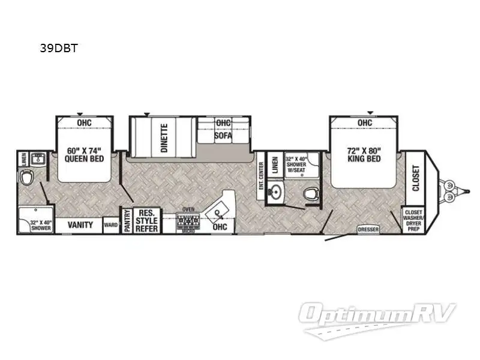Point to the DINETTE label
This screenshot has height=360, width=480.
(164, 137)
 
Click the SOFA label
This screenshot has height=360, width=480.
(223, 136)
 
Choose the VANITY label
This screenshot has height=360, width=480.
(80, 225)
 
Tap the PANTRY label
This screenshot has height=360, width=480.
(127, 221)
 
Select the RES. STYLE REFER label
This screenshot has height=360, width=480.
(147, 221)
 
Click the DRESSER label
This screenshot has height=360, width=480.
(368, 229)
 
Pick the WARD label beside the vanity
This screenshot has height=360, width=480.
(111, 226)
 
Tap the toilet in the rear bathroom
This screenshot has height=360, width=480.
(27, 179)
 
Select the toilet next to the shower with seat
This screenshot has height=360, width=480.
(310, 193)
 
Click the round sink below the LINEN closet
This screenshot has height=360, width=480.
(275, 193)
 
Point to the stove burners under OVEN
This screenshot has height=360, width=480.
(187, 221)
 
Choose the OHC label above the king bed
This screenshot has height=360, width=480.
(365, 123)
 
